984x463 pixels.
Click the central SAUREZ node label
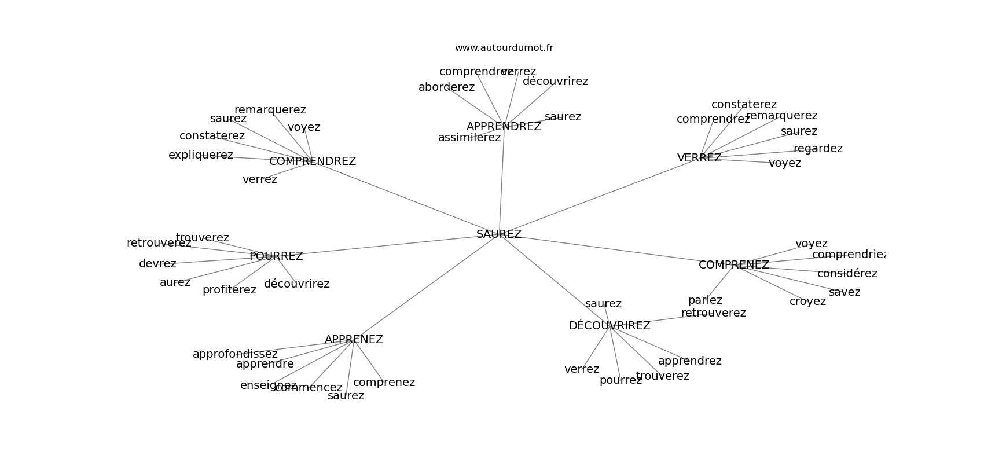click(499, 234)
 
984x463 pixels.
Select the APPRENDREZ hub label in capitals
click(504, 127)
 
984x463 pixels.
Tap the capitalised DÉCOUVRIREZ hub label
click(610, 326)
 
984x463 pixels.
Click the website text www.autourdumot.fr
click(504, 48)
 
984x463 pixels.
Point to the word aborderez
click(446, 87)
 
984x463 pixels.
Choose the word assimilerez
click(469, 138)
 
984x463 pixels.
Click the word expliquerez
click(201, 155)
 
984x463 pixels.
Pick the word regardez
click(818, 149)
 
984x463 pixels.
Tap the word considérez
click(847, 274)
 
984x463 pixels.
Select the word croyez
click(807, 302)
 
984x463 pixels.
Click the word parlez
click(705, 300)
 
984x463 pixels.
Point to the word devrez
click(157, 264)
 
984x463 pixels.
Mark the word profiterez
click(229, 290)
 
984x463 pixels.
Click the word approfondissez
click(235, 354)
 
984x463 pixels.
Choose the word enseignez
click(268, 385)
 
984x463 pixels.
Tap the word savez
click(845, 292)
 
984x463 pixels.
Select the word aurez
click(175, 282)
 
